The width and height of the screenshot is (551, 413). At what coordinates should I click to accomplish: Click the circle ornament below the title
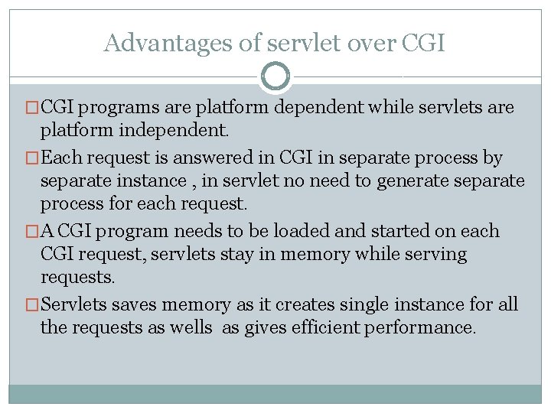275,76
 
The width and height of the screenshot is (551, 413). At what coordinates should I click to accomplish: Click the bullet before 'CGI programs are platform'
32,108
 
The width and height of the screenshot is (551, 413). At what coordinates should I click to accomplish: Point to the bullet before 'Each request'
32,158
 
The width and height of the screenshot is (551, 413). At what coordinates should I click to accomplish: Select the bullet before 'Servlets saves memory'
32,305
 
